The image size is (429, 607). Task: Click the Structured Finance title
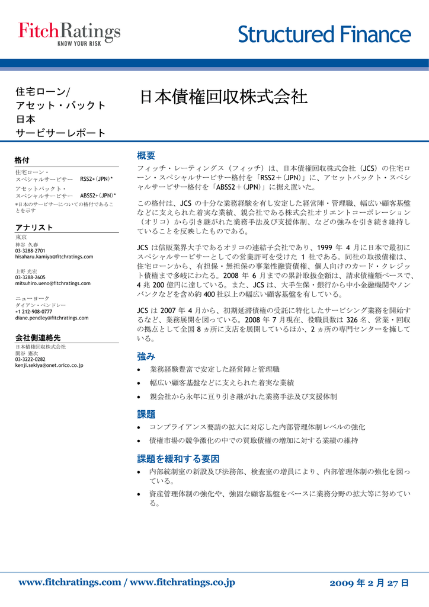click(x=324, y=35)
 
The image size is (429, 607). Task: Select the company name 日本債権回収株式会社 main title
click(x=223, y=97)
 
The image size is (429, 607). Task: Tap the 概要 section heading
click(x=146, y=155)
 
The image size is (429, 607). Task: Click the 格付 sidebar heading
click(x=22, y=160)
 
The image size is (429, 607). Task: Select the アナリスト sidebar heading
click(x=34, y=228)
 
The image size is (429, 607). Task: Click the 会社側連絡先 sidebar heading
click(x=37, y=337)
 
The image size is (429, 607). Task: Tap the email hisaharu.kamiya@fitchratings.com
click(x=54, y=257)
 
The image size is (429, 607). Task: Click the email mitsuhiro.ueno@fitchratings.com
click(x=53, y=283)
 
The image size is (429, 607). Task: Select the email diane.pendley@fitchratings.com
click(x=52, y=318)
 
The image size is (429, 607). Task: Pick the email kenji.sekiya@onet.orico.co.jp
click(x=49, y=365)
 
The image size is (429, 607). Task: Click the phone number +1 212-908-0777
click(x=33, y=311)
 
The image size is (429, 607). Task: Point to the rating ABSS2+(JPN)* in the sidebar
click(x=98, y=195)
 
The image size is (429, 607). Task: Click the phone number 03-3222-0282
click(x=30, y=359)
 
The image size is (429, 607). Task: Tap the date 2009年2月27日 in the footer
click(x=369, y=583)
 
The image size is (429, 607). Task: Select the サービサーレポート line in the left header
click(x=60, y=133)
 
